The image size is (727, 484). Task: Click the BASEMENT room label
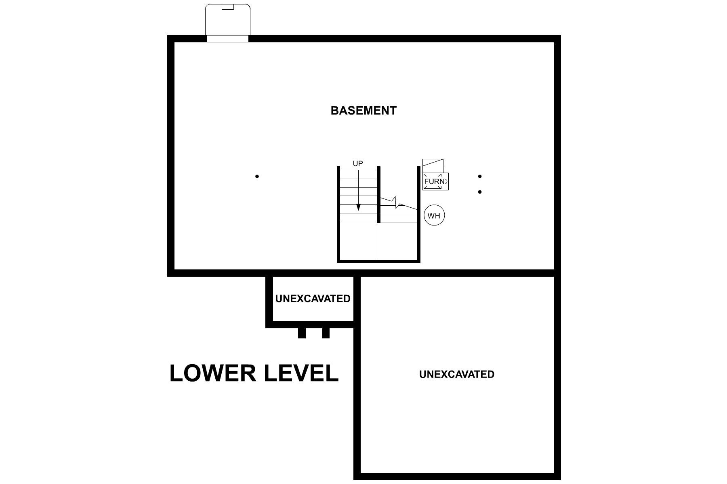coord(363,111)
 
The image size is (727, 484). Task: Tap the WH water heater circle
coord(434,215)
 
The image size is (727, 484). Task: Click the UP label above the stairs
coord(358,164)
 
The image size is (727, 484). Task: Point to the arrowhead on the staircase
coord(358,207)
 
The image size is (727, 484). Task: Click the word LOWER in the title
coord(213,373)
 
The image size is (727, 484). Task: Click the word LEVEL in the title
coord(301,373)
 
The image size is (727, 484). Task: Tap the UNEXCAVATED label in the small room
coord(313,299)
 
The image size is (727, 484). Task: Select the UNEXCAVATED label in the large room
coord(456,374)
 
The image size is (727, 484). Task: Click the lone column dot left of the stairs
coord(257,176)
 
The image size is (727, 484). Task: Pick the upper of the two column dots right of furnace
coord(480,176)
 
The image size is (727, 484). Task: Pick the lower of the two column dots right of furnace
coord(480,192)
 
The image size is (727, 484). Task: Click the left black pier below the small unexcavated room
coord(302,333)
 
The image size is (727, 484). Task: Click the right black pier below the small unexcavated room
coord(326,333)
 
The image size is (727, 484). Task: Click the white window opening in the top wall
coord(228,39)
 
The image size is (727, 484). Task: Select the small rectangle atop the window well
coord(228,7)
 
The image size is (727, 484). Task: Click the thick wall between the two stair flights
coord(379,194)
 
